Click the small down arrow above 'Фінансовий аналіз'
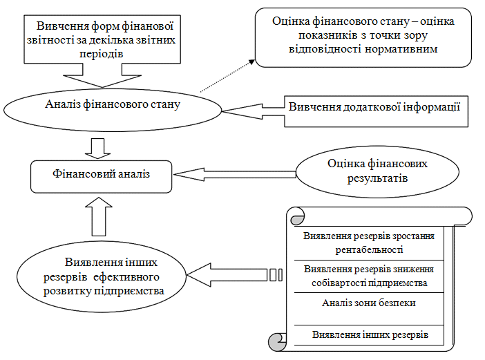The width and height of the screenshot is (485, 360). (102, 146)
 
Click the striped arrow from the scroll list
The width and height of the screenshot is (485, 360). (235, 275)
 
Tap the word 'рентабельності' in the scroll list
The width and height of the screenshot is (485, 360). (369, 249)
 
